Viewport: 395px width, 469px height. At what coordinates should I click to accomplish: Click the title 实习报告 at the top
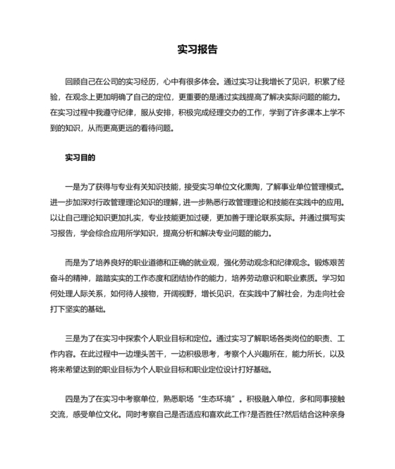(x=197, y=50)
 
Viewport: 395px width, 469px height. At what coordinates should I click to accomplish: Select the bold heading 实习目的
(x=80, y=157)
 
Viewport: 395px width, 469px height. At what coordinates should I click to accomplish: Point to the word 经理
(x=221, y=113)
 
